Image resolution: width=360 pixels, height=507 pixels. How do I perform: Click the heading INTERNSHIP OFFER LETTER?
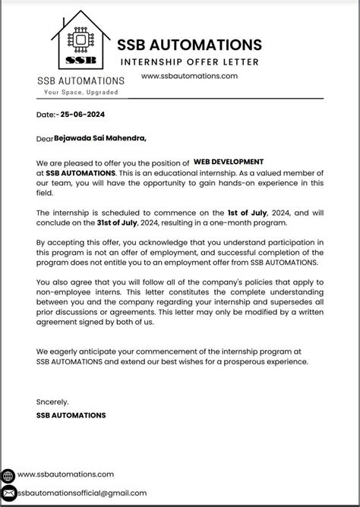189,61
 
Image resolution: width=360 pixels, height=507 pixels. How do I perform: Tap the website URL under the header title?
189,76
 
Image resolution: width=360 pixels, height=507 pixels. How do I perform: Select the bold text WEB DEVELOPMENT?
229,162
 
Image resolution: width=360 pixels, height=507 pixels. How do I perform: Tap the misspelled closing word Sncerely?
52,401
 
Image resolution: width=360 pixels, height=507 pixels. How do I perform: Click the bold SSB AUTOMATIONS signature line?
71,415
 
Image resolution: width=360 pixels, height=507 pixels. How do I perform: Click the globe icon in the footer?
8,475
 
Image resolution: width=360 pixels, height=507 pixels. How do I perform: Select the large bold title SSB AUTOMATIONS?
190,44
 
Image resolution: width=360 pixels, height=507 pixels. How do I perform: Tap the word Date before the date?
45,116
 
